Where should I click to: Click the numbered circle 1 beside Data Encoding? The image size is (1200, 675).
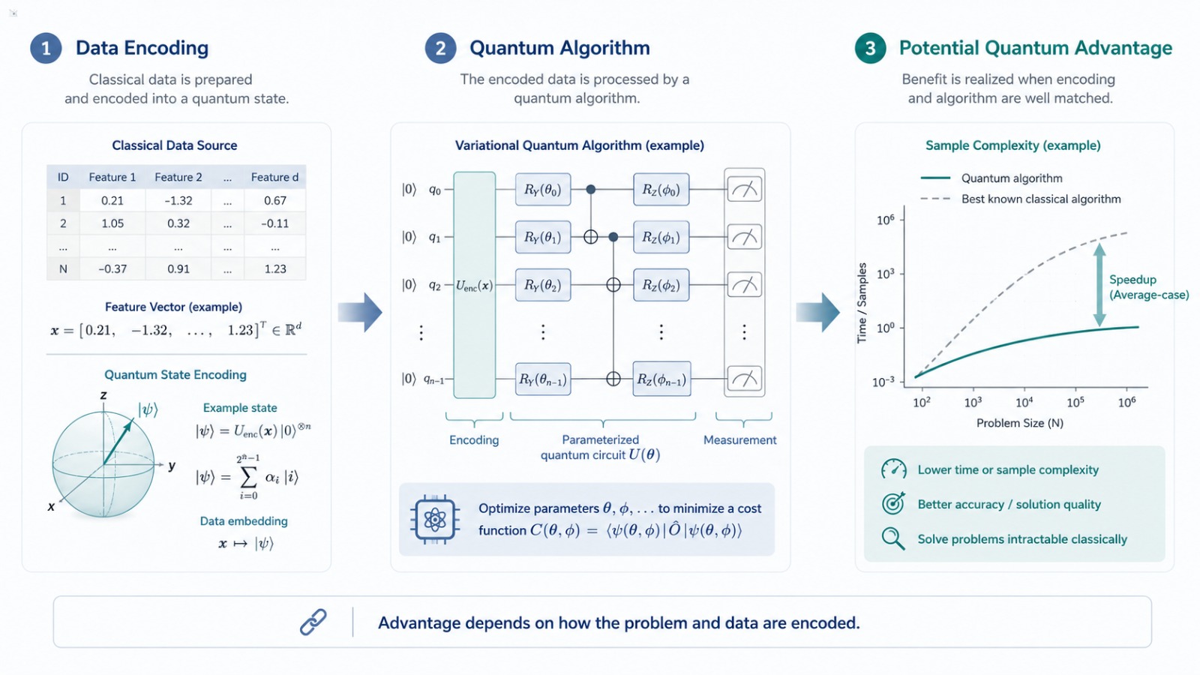tap(46, 48)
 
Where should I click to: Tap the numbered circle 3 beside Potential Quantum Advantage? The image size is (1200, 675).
tap(870, 48)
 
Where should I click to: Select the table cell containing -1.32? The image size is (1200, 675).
tap(178, 200)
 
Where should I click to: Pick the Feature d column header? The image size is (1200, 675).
tap(274, 177)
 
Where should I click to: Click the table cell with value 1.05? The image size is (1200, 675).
tap(112, 223)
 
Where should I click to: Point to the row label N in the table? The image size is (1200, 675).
tap(63, 269)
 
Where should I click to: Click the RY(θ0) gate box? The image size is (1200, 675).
tap(543, 190)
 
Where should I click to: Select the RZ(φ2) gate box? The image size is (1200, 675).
tap(661, 285)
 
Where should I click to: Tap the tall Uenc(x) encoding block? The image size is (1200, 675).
tap(474, 285)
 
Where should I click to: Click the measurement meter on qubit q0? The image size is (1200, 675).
tap(744, 190)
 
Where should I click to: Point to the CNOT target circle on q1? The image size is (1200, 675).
tap(590, 237)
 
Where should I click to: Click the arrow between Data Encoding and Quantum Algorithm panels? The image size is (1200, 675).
tap(360, 312)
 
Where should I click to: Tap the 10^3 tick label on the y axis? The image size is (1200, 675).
tap(886, 274)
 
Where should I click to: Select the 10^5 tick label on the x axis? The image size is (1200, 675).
tap(1075, 402)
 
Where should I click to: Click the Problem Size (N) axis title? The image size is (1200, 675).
tap(1019, 423)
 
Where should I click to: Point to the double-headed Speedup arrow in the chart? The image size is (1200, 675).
tap(1099, 285)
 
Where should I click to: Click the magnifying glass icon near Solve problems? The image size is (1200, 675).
tap(893, 539)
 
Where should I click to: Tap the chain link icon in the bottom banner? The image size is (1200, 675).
tap(313, 622)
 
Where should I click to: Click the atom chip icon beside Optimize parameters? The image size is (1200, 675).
tap(435, 520)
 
